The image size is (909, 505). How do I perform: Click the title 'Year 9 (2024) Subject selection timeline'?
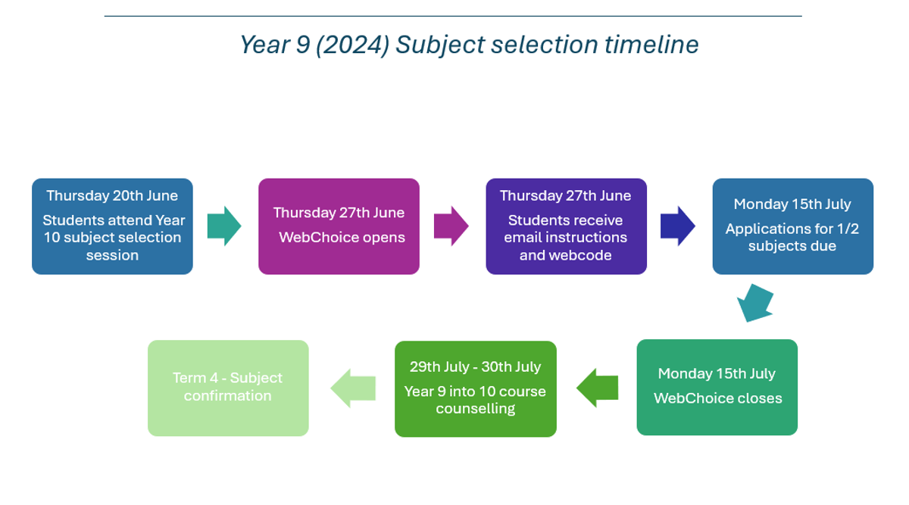click(469, 45)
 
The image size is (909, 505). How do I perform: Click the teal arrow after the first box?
click(223, 226)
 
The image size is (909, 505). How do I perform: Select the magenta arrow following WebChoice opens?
click(451, 226)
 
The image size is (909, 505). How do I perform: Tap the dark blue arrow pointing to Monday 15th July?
click(677, 226)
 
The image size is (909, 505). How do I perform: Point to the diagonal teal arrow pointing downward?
click(755, 302)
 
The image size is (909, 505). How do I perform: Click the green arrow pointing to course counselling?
click(597, 388)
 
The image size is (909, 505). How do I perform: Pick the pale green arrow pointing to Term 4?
click(353, 388)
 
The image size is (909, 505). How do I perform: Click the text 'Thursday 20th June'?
click(112, 195)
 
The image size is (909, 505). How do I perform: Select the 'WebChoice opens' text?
click(342, 237)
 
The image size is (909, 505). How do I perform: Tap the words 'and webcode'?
click(566, 255)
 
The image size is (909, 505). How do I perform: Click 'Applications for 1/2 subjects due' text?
click(792, 237)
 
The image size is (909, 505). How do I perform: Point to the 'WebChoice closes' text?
click(717, 398)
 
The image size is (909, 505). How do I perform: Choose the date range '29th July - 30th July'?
click(476, 366)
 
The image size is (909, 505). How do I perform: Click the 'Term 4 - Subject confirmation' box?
click(228, 387)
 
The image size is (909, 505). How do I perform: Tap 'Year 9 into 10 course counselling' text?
click(476, 400)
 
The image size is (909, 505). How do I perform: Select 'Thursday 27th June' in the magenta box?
click(339, 213)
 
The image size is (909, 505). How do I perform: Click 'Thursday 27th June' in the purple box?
click(565, 195)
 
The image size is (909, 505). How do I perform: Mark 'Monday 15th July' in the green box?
click(717, 373)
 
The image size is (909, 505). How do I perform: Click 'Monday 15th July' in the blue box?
click(792, 204)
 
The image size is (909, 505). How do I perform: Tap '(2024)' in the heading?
click(353, 45)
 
